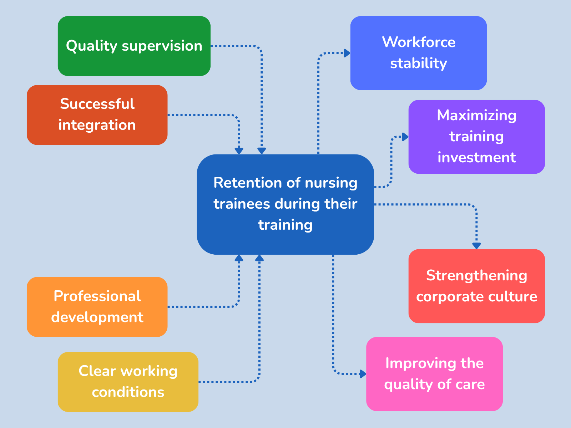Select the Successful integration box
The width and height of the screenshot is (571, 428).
click(97, 114)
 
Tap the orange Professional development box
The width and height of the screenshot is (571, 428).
click(97, 307)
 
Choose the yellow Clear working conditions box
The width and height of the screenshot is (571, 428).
click(128, 382)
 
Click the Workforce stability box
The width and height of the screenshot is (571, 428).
click(418, 53)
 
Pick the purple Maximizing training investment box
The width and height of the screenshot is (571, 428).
click(476, 137)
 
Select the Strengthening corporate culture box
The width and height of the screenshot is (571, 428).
click(476, 286)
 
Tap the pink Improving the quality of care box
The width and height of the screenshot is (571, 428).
click(434, 374)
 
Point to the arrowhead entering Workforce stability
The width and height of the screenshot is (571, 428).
click(347, 53)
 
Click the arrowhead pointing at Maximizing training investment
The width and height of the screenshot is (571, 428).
click(405, 137)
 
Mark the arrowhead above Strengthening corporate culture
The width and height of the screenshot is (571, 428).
click(476, 245)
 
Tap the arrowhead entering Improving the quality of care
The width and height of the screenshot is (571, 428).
click(363, 374)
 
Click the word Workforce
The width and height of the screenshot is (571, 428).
click(419, 42)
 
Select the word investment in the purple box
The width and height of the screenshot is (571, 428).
click(476, 158)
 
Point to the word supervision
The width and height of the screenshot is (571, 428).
click(162, 46)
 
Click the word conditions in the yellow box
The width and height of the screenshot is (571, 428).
click(128, 392)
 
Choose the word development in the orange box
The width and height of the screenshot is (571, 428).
click(97, 317)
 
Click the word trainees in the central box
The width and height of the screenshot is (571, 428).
click(242, 204)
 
